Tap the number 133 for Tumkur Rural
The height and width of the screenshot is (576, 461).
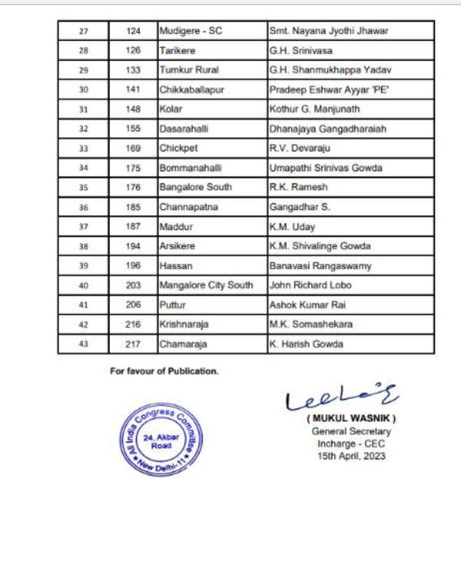[x=134, y=70]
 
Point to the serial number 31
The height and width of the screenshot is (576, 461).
[x=84, y=110]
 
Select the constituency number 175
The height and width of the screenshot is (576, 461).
[x=134, y=168]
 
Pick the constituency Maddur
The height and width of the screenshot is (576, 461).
[x=175, y=227]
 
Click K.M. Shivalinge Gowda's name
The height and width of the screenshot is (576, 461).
[x=320, y=247]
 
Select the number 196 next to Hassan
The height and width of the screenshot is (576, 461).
[x=134, y=266]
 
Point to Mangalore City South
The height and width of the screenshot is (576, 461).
[x=206, y=286]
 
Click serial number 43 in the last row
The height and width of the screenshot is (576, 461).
[x=84, y=344]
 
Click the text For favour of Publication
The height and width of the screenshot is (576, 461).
[x=164, y=371]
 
